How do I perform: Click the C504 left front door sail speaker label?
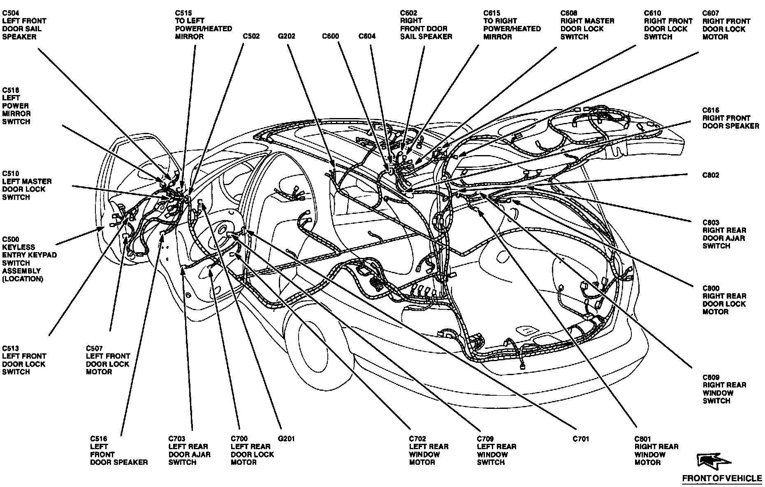click(x=24, y=25)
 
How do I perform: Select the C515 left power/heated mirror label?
click(x=203, y=25)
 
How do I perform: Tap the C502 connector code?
click(x=251, y=36)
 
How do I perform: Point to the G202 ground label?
click(x=287, y=36)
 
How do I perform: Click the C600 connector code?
click(x=330, y=36)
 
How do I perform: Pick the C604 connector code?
click(x=367, y=36)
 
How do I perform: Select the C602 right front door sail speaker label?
click(x=426, y=25)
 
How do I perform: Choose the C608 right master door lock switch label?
click(x=587, y=25)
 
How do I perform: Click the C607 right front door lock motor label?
click(x=726, y=25)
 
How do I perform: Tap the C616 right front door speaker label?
click(x=730, y=118)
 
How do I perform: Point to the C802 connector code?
click(x=711, y=175)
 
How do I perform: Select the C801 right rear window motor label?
click(x=656, y=450)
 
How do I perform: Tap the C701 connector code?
click(x=581, y=439)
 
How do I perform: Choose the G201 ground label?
click(x=286, y=439)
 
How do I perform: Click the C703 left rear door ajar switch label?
click(x=189, y=450)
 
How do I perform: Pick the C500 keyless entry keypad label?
click(x=29, y=259)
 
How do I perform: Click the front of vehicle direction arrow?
click(x=713, y=461)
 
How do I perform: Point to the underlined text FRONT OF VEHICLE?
click(x=722, y=478)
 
